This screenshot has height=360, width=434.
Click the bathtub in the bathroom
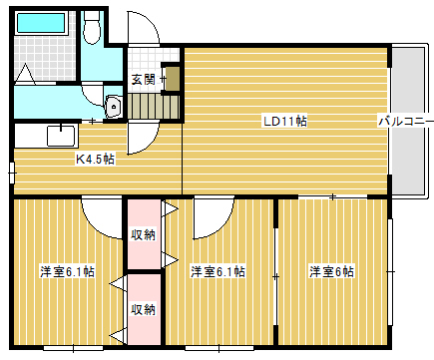[41, 23]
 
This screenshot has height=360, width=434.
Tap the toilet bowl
[92, 28]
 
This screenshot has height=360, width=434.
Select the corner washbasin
[113, 107]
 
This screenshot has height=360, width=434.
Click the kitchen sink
[61, 136]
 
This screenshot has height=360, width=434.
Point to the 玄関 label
[143, 80]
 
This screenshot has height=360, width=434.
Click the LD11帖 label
[285, 121]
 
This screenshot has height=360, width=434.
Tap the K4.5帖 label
[95, 160]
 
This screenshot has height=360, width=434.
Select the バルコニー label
[406, 121]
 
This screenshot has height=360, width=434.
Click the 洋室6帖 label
[331, 271]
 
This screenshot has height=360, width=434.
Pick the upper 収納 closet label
[143, 235]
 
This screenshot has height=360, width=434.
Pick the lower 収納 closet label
[143, 310]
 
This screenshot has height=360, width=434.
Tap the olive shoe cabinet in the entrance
[173, 79]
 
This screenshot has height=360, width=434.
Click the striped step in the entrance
[154, 106]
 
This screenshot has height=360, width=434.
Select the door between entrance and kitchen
[143, 138]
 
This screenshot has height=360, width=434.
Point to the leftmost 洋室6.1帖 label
[68, 271]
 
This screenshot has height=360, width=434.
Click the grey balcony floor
[408, 121]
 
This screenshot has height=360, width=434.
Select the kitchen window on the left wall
[12, 173]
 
